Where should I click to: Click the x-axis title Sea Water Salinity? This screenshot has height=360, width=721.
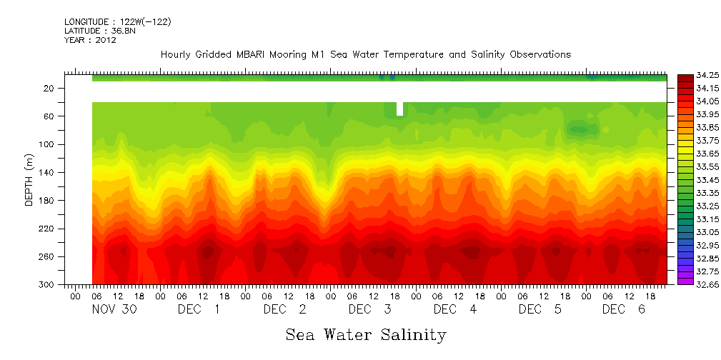coord(366,334)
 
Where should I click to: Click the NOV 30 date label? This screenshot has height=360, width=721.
coord(116,309)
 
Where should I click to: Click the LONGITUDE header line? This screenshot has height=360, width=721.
coord(117,22)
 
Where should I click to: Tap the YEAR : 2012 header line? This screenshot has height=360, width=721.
coord(90,40)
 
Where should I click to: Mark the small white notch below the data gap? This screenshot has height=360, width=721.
coord(399,109)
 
